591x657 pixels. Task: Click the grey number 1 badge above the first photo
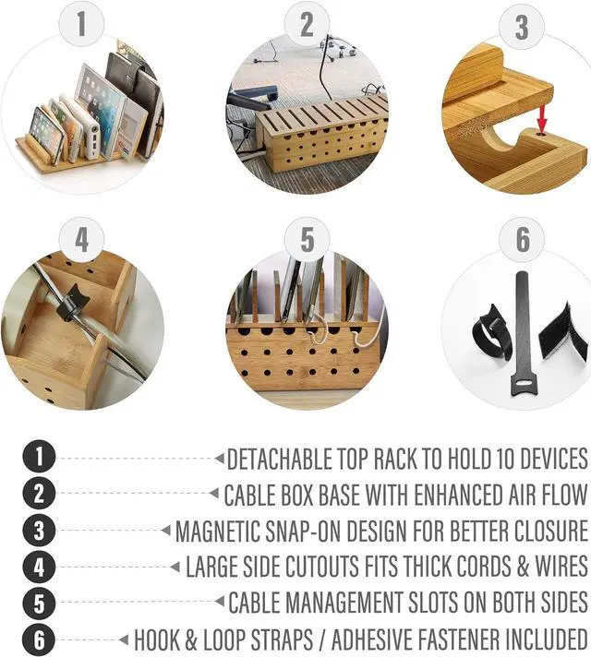click(81, 24)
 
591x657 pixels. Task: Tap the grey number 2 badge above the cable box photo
click(307, 24)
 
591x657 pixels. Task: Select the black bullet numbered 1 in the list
click(39, 458)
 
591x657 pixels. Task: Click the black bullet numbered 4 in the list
click(39, 567)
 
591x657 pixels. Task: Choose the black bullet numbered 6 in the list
click(39, 639)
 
